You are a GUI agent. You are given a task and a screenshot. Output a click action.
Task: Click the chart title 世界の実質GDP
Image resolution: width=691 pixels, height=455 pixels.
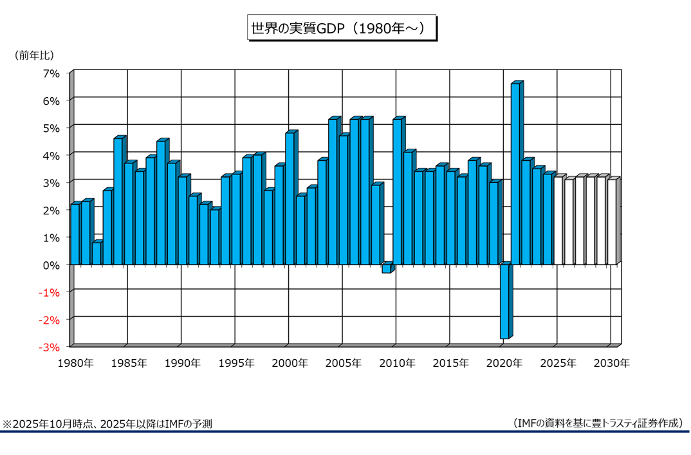click(x=342, y=29)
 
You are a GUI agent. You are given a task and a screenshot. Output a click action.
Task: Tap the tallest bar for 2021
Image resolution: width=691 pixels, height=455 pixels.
click(x=515, y=174)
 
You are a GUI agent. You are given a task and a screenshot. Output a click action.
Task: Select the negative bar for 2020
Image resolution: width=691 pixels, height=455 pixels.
click(x=504, y=301)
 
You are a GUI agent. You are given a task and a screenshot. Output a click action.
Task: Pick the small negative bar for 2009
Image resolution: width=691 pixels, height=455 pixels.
click(x=386, y=268)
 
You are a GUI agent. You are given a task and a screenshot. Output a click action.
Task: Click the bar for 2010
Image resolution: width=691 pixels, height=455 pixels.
click(x=397, y=192)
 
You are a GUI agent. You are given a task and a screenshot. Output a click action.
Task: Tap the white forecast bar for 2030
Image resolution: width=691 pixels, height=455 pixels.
click(x=611, y=222)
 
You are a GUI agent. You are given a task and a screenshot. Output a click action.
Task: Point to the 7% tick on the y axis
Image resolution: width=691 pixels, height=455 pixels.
click(x=51, y=73)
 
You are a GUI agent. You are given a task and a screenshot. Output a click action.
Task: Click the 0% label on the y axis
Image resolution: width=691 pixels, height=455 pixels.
click(x=51, y=265)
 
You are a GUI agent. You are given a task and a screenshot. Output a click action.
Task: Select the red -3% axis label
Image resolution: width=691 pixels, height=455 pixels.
click(x=50, y=347)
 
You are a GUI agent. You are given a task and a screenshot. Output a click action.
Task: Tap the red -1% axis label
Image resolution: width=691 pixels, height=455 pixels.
click(x=50, y=292)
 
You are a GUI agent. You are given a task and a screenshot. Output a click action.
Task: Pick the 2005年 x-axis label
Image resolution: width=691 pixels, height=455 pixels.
click(x=344, y=364)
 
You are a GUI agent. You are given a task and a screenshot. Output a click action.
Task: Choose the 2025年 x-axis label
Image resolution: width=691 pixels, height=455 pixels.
click(x=558, y=364)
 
